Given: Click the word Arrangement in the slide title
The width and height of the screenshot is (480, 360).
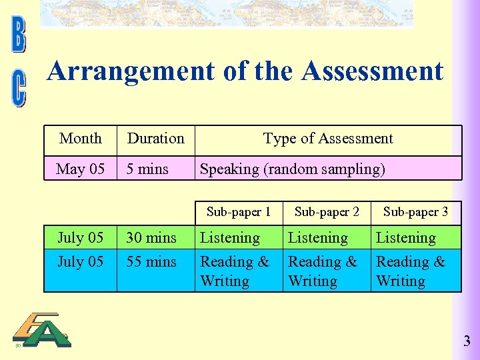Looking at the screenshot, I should [131, 71].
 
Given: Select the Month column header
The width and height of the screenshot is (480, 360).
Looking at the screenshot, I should [81, 139].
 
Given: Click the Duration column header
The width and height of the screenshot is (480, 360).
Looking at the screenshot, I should [155, 139].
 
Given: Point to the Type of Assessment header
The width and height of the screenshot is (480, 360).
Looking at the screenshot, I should [328, 139].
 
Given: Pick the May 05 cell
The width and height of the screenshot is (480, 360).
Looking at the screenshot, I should [81, 169].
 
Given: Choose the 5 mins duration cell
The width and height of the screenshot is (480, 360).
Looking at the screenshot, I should [148, 169].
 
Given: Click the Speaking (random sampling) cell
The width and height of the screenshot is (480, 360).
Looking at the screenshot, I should [293, 169].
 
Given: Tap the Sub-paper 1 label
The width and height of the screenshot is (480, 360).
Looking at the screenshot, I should [239, 212].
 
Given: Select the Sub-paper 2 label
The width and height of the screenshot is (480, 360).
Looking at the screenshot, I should [327, 212].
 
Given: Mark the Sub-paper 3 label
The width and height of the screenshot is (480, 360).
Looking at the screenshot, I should [415, 212].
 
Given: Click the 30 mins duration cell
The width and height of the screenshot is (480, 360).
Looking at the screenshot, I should [151, 238].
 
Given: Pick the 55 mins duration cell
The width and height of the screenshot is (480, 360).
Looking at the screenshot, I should [151, 262].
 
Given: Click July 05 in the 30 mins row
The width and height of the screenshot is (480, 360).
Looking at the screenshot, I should [81, 238].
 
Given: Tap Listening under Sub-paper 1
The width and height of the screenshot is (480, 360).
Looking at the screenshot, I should [230, 238].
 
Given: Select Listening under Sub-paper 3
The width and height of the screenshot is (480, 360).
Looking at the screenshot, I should [405, 238].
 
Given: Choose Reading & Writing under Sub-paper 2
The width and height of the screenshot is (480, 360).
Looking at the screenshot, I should [323, 271].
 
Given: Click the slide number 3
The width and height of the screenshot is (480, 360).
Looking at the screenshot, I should [467, 342].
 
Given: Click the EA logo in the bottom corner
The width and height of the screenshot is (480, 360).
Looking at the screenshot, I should [43, 331].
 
